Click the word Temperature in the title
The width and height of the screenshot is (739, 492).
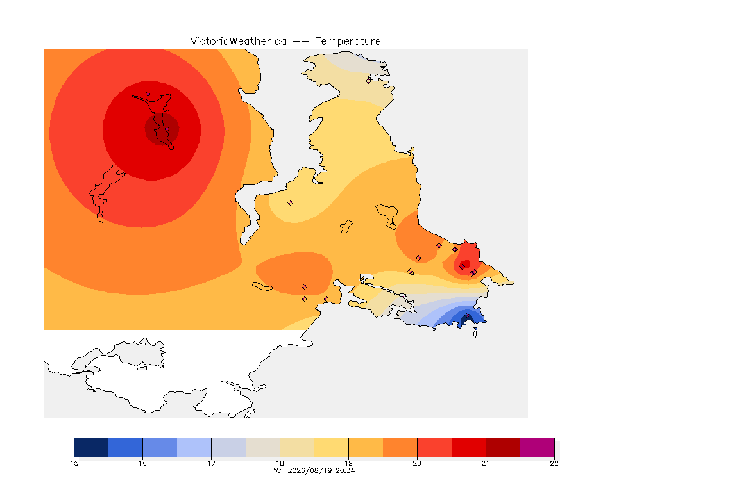pos(348,42)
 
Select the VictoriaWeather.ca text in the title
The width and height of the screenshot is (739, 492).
pos(239,42)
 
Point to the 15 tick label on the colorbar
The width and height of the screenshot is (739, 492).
pos(74,463)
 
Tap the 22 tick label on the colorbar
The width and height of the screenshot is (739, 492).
pos(554,463)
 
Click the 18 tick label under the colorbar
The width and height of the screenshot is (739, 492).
pos(280,463)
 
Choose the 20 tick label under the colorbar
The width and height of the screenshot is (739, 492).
pos(417,463)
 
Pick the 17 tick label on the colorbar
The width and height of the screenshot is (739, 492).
pos(211,463)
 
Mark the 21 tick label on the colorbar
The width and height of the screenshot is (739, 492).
pos(486,463)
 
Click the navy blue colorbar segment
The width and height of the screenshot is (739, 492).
pos(92,447)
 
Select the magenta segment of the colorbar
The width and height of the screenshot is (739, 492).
pos(538,447)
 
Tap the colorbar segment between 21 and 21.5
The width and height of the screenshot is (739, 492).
pos(503,447)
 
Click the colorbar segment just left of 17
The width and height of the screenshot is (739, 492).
pos(194,447)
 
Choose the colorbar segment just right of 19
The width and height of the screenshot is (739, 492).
pos(366,447)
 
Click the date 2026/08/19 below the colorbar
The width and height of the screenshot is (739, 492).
pos(310,470)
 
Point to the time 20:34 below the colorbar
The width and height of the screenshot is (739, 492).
pos(345,470)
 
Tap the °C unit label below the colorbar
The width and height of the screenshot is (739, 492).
pos(278,470)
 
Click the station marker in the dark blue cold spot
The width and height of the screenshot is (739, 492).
pos(467,316)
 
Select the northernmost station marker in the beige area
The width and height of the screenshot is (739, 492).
pos(369,81)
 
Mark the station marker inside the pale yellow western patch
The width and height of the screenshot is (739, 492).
pos(291,203)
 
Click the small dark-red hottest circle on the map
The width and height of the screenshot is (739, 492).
pos(162,129)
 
